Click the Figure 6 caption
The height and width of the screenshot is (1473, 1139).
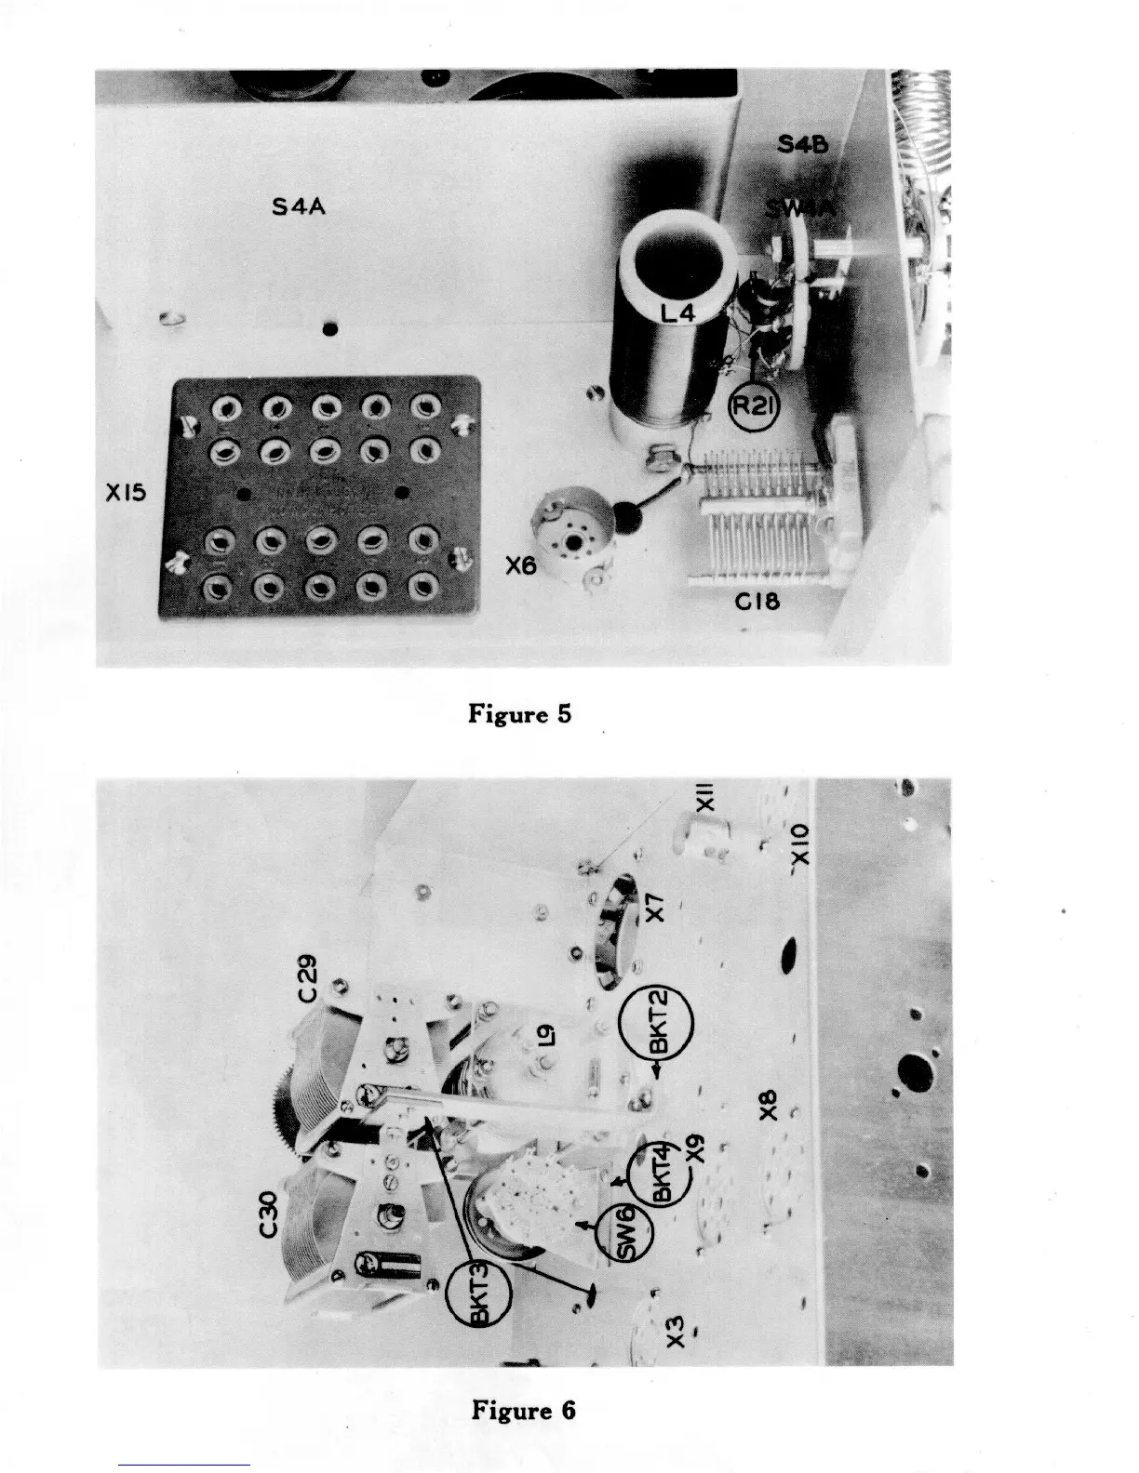(523, 1410)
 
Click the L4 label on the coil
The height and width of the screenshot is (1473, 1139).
(679, 315)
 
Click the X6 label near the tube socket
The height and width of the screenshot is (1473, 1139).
(520, 564)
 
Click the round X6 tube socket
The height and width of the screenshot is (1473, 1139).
(570, 533)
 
